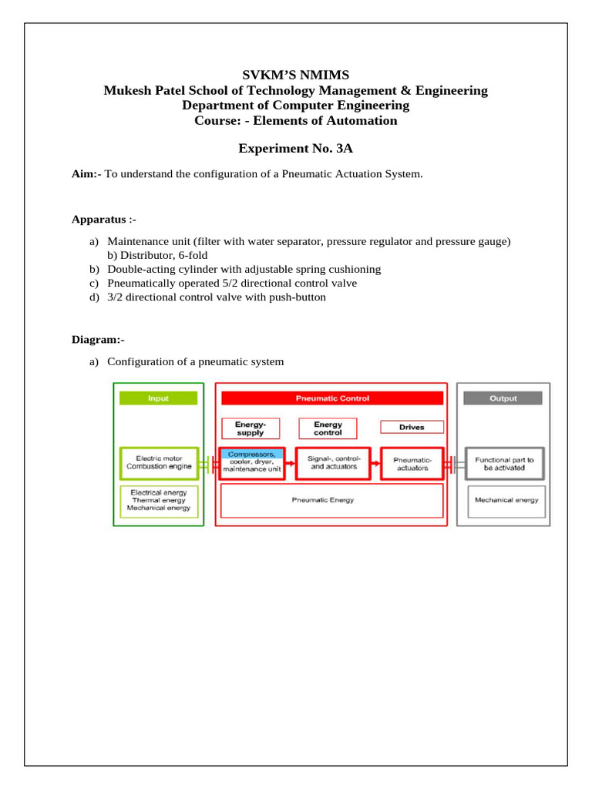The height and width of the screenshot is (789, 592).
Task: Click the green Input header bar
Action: click(159, 398)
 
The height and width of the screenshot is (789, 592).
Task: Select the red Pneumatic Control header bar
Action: click(332, 398)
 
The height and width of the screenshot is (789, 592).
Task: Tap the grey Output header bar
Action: click(503, 398)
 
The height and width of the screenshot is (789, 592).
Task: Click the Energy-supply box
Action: click(251, 428)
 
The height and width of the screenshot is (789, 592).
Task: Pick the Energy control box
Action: click(328, 428)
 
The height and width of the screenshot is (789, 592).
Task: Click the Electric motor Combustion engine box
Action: click(159, 463)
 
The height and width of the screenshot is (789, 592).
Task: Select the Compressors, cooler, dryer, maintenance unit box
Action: click(252, 463)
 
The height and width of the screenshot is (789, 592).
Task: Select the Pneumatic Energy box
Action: click(332, 501)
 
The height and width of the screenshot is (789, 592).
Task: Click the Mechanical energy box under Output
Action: click(506, 500)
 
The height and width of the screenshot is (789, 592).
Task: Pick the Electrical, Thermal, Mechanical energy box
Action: click(160, 500)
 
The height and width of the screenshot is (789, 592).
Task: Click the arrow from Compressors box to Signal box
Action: click(291, 463)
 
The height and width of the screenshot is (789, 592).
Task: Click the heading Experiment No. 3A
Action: click(296, 149)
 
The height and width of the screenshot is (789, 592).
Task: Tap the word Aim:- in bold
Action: click(86, 175)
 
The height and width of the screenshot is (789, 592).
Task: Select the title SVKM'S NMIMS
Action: click(296, 75)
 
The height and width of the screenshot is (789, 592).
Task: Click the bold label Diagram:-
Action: click(98, 339)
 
